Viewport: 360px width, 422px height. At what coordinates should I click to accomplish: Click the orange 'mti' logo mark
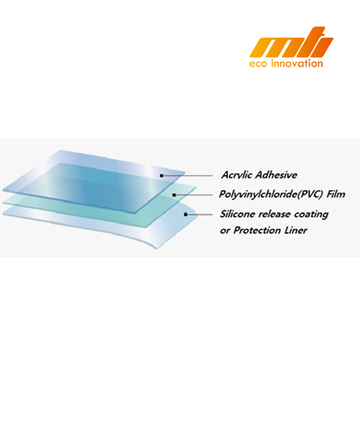coord(291,42)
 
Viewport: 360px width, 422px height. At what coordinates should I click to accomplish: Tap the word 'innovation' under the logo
coord(297,64)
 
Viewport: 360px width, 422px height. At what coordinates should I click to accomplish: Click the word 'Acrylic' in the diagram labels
coord(237,175)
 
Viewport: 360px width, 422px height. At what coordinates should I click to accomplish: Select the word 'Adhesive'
coord(276,175)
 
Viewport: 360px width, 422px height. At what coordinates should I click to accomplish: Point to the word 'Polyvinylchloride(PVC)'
coord(271,195)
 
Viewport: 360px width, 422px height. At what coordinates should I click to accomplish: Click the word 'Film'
coord(336,194)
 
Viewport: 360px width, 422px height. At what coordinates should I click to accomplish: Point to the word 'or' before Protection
coord(225,231)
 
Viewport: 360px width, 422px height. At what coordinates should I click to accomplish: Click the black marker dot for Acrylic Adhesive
coord(161,176)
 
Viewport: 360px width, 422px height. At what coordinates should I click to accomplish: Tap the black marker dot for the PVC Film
coord(174,195)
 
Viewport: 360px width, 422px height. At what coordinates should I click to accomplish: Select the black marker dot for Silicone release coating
coord(185,214)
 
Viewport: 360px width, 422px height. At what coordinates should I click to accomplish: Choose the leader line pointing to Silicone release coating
coord(200,214)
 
